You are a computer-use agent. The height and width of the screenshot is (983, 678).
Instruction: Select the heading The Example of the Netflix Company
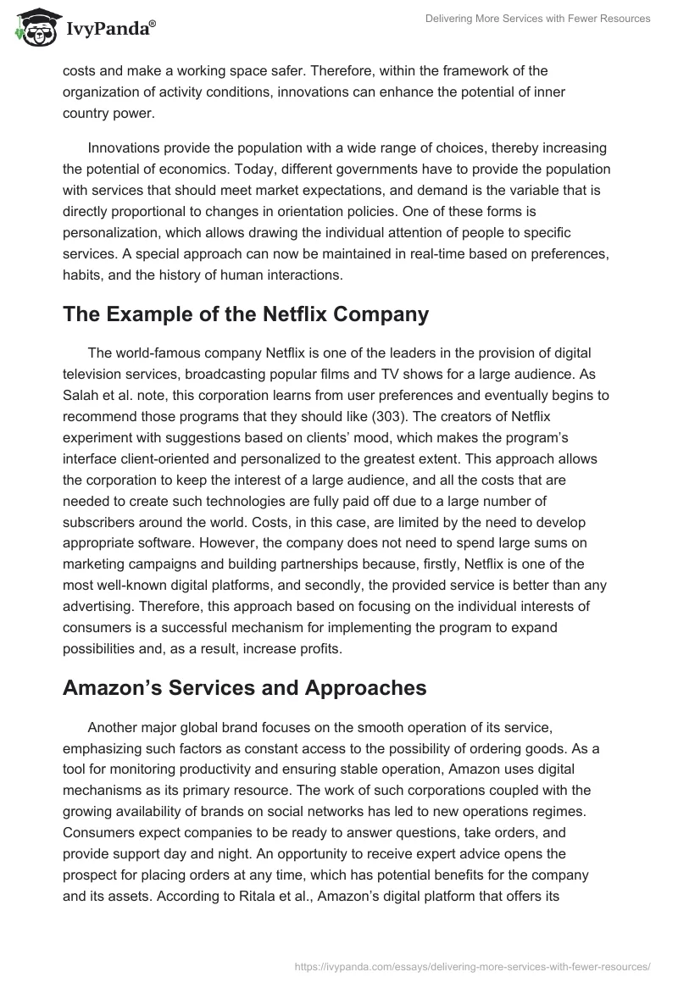point(246,314)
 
